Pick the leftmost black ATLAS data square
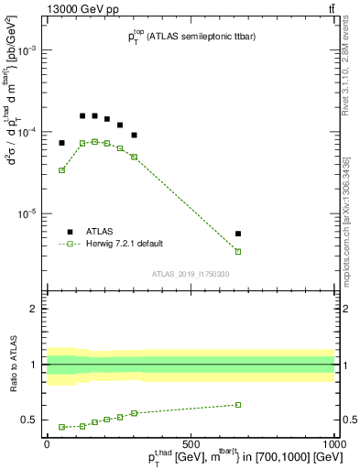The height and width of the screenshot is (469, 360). pos(61,143)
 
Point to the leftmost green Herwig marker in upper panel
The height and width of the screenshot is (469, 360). pos(61,170)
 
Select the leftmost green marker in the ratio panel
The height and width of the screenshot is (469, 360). pos(61,427)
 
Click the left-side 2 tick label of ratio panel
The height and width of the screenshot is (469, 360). pos(37,309)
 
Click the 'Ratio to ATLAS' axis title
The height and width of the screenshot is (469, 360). pos(12,364)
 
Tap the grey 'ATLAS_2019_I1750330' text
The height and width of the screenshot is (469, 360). pos(191,274)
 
